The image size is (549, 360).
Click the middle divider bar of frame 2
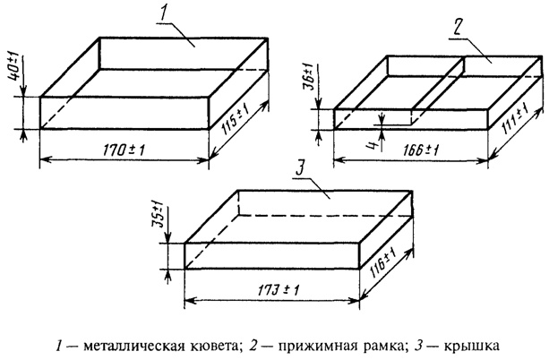(439, 85)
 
